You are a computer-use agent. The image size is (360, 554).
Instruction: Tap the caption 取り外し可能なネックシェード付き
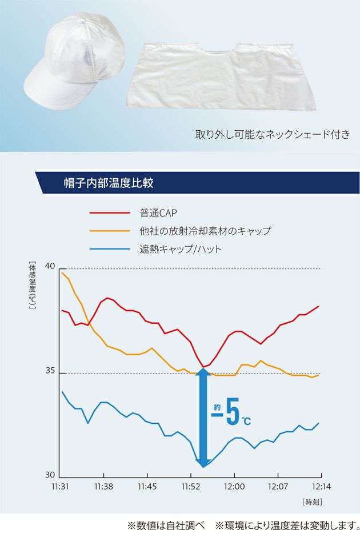pos(272,135)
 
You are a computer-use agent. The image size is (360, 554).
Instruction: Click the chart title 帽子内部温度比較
pos(108,183)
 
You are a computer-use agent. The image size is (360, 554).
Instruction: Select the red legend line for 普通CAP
pos(110,214)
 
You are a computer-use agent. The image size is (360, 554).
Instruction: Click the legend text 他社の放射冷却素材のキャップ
pos(205,231)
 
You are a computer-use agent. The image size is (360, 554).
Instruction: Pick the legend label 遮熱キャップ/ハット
pos(181,249)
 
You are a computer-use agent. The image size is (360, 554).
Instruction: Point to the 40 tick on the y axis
pos(50,267)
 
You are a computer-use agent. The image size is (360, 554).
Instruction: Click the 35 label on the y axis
pos(50,371)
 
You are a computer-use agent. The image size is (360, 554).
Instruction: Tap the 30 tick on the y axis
pos(50,476)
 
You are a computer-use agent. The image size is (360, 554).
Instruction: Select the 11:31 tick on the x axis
pos(60,487)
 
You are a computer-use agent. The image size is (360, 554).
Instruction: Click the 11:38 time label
pos(103,487)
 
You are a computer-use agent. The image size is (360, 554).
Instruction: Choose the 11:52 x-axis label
pos(191,487)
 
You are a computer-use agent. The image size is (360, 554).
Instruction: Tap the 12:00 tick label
pos(234,487)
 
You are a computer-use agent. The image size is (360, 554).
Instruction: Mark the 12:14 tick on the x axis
pos(321,487)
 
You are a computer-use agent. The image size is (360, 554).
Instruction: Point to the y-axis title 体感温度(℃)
pos(32,286)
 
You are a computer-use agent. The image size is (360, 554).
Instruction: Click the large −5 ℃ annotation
pos(230,414)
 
